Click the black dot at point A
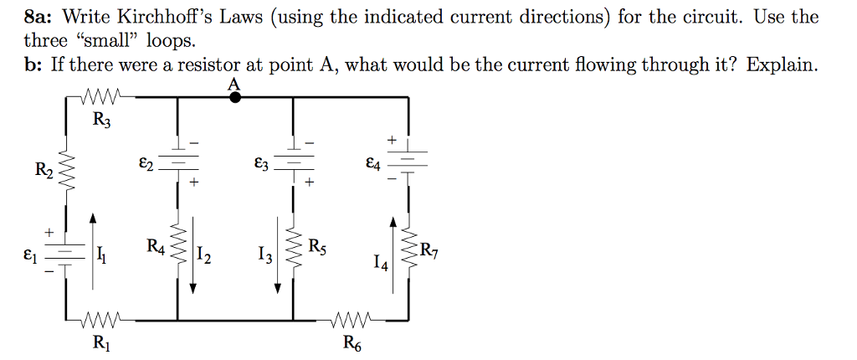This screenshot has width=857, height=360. [x=236, y=97]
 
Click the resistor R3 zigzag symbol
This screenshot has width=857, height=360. [x=103, y=97]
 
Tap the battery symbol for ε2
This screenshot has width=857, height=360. [x=177, y=162]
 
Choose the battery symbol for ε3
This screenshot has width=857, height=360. [x=293, y=162]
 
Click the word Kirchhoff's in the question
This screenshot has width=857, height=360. [x=162, y=17]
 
